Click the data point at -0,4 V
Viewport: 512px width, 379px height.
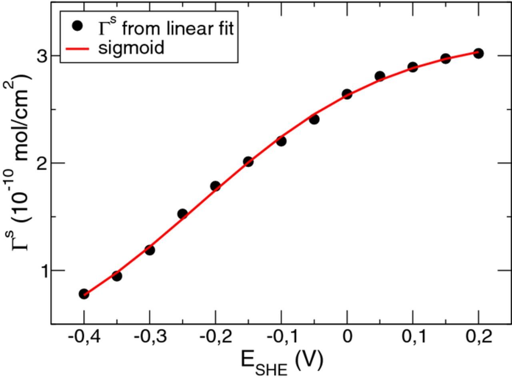click(x=84, y=294)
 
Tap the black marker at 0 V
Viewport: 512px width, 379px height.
click(x=347, y=94)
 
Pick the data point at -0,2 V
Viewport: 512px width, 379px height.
click(x=215, y=186)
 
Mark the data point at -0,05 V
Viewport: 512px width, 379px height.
click(x=314, y=119)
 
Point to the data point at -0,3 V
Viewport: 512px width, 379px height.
click(x=150, y=250)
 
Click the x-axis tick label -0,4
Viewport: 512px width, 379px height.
click(x=83, y=337)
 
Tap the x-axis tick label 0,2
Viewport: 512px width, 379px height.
click(x=478, y=337)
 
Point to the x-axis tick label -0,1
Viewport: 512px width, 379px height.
click(x=281, y=337)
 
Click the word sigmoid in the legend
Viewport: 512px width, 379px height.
click(x=131, y=48)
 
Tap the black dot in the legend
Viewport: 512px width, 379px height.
click(x=77, y=26)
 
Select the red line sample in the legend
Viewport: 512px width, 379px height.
click(x=77, y=48)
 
